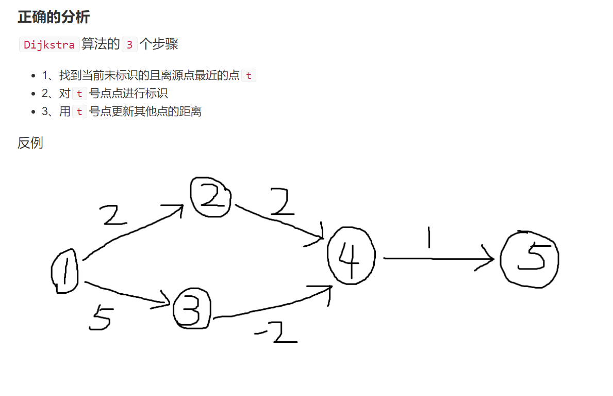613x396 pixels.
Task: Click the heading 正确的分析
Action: (x=54, y=17)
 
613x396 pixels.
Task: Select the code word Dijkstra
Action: (x=49, y=45)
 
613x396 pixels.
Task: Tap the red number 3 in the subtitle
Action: (x=129, y=45)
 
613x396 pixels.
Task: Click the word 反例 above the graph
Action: (x=30, y=143)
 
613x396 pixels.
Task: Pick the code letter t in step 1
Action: (x=248, y=76)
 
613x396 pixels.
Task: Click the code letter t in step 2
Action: (x=79, y=93)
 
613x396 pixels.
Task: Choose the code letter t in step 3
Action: (x=79, y=112)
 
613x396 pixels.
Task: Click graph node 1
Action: (x=65, y=272)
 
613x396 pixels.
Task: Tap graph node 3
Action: (x=192, y=309)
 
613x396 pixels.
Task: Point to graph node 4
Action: (x=351, y=256)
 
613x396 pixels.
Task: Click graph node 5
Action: (x=530, y=259)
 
